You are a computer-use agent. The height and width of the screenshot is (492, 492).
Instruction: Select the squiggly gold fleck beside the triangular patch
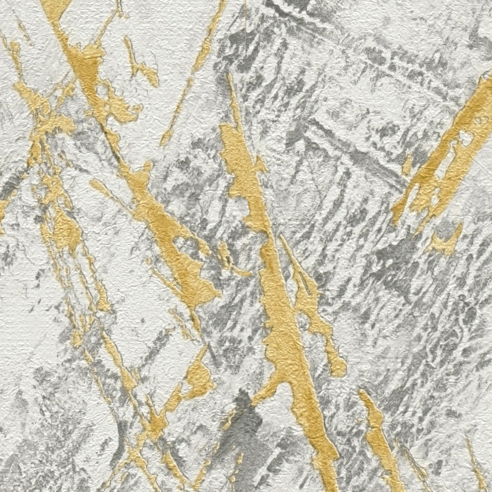(x=141, y=66)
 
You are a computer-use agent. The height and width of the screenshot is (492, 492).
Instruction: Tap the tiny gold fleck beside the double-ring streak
(x=407, y=164)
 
